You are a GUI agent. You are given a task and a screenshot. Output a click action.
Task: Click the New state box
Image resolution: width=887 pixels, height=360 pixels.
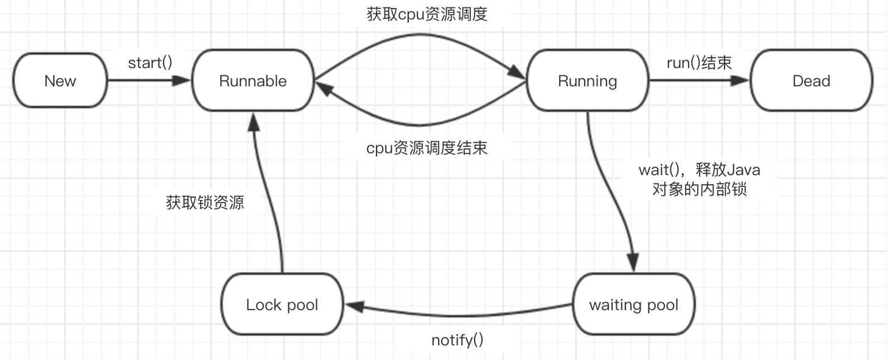60,81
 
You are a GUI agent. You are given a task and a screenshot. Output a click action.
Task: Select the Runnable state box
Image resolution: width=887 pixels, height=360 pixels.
252,81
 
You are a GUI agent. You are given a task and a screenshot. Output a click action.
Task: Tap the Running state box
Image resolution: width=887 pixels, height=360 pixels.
587,81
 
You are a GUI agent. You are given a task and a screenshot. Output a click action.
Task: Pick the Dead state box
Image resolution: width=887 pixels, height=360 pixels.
811,81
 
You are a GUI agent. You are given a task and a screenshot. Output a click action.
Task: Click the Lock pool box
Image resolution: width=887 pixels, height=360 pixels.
282,305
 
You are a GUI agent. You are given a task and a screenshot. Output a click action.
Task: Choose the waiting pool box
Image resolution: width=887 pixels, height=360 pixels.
633,305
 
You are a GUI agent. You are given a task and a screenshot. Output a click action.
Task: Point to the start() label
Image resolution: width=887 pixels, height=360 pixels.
150,63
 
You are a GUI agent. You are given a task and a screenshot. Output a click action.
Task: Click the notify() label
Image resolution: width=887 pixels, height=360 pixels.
457,340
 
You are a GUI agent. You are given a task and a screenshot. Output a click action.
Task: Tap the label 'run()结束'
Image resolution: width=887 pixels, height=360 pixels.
699,63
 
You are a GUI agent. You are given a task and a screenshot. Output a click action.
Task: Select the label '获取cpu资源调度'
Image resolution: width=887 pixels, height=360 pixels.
427,15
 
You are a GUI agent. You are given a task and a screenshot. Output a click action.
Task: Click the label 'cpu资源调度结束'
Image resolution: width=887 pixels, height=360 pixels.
426,148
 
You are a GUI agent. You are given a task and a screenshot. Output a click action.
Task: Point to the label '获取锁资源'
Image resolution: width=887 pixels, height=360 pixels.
205,202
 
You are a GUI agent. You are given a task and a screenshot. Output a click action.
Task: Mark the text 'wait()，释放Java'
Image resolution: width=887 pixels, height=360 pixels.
699,170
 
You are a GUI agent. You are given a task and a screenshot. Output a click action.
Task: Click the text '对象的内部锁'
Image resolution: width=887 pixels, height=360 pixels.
699,189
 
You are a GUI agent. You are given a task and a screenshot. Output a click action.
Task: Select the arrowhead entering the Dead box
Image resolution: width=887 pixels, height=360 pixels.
743,81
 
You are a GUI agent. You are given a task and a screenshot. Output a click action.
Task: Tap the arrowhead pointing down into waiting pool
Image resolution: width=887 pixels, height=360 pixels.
633,265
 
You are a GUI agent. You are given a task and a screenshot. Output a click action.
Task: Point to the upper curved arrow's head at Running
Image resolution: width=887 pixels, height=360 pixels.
519,75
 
